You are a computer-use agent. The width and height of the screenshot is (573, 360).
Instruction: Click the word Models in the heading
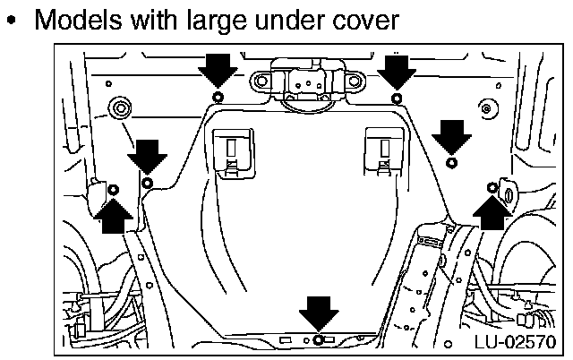pos(78,20)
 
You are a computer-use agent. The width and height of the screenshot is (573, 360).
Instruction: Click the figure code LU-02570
pos(516,342)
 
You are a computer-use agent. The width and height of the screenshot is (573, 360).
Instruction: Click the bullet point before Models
pos(12,20)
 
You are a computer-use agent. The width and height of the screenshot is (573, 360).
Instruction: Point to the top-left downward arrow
pos(218,71)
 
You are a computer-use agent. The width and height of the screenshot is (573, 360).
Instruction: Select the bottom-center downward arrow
pos(319,313)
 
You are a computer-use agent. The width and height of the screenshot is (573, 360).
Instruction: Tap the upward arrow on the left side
pos(114,216)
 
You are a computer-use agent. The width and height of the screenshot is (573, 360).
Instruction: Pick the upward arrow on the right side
pos(492,213)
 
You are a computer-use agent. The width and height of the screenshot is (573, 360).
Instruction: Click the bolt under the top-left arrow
pos(218,98)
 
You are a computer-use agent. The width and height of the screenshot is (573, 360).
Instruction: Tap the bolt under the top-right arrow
pos(397,99)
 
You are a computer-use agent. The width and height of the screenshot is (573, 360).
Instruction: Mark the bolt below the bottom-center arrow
pos(319,340)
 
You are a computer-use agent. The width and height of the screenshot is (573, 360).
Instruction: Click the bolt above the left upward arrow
pos(114,190)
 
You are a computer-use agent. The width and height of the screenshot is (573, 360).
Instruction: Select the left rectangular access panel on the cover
pos(234,153)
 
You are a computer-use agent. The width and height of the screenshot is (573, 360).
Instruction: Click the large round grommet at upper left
pos(120,108)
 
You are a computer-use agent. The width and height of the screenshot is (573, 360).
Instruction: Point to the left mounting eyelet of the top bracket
pos(261,81)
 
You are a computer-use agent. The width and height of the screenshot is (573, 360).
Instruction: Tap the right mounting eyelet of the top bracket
pos(354,81)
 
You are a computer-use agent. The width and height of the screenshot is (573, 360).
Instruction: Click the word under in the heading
pos(290,20)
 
